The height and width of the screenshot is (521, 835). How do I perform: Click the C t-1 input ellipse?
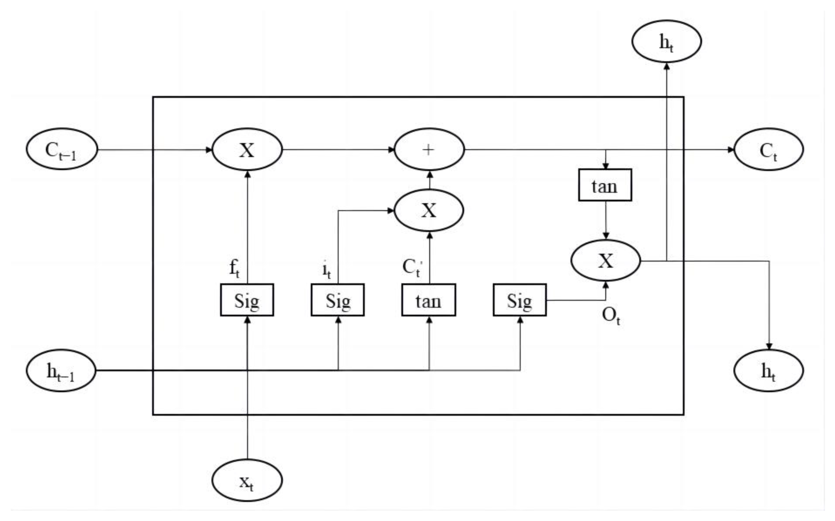62,149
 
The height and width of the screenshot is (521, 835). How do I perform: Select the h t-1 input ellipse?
61,371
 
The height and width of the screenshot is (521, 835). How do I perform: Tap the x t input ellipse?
247,480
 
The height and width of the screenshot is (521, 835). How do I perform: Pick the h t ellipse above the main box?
666,41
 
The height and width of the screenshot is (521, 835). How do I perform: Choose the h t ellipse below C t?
768,371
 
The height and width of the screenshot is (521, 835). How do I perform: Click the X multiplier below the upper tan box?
606,261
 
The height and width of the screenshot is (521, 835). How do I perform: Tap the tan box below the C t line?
605,185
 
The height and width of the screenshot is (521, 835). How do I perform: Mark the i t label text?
326,270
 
